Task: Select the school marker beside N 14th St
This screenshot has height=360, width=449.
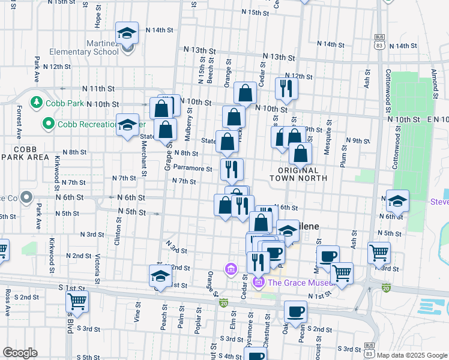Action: point(127,34)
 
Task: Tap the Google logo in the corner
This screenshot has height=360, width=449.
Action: point(20,352)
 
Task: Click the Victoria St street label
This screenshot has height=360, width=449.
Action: point(97,268)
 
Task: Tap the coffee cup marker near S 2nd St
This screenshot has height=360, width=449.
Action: point(294,313)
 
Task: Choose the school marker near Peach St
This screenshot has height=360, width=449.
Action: point(160,276)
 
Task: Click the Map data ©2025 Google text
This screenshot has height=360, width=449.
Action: point(412,354)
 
